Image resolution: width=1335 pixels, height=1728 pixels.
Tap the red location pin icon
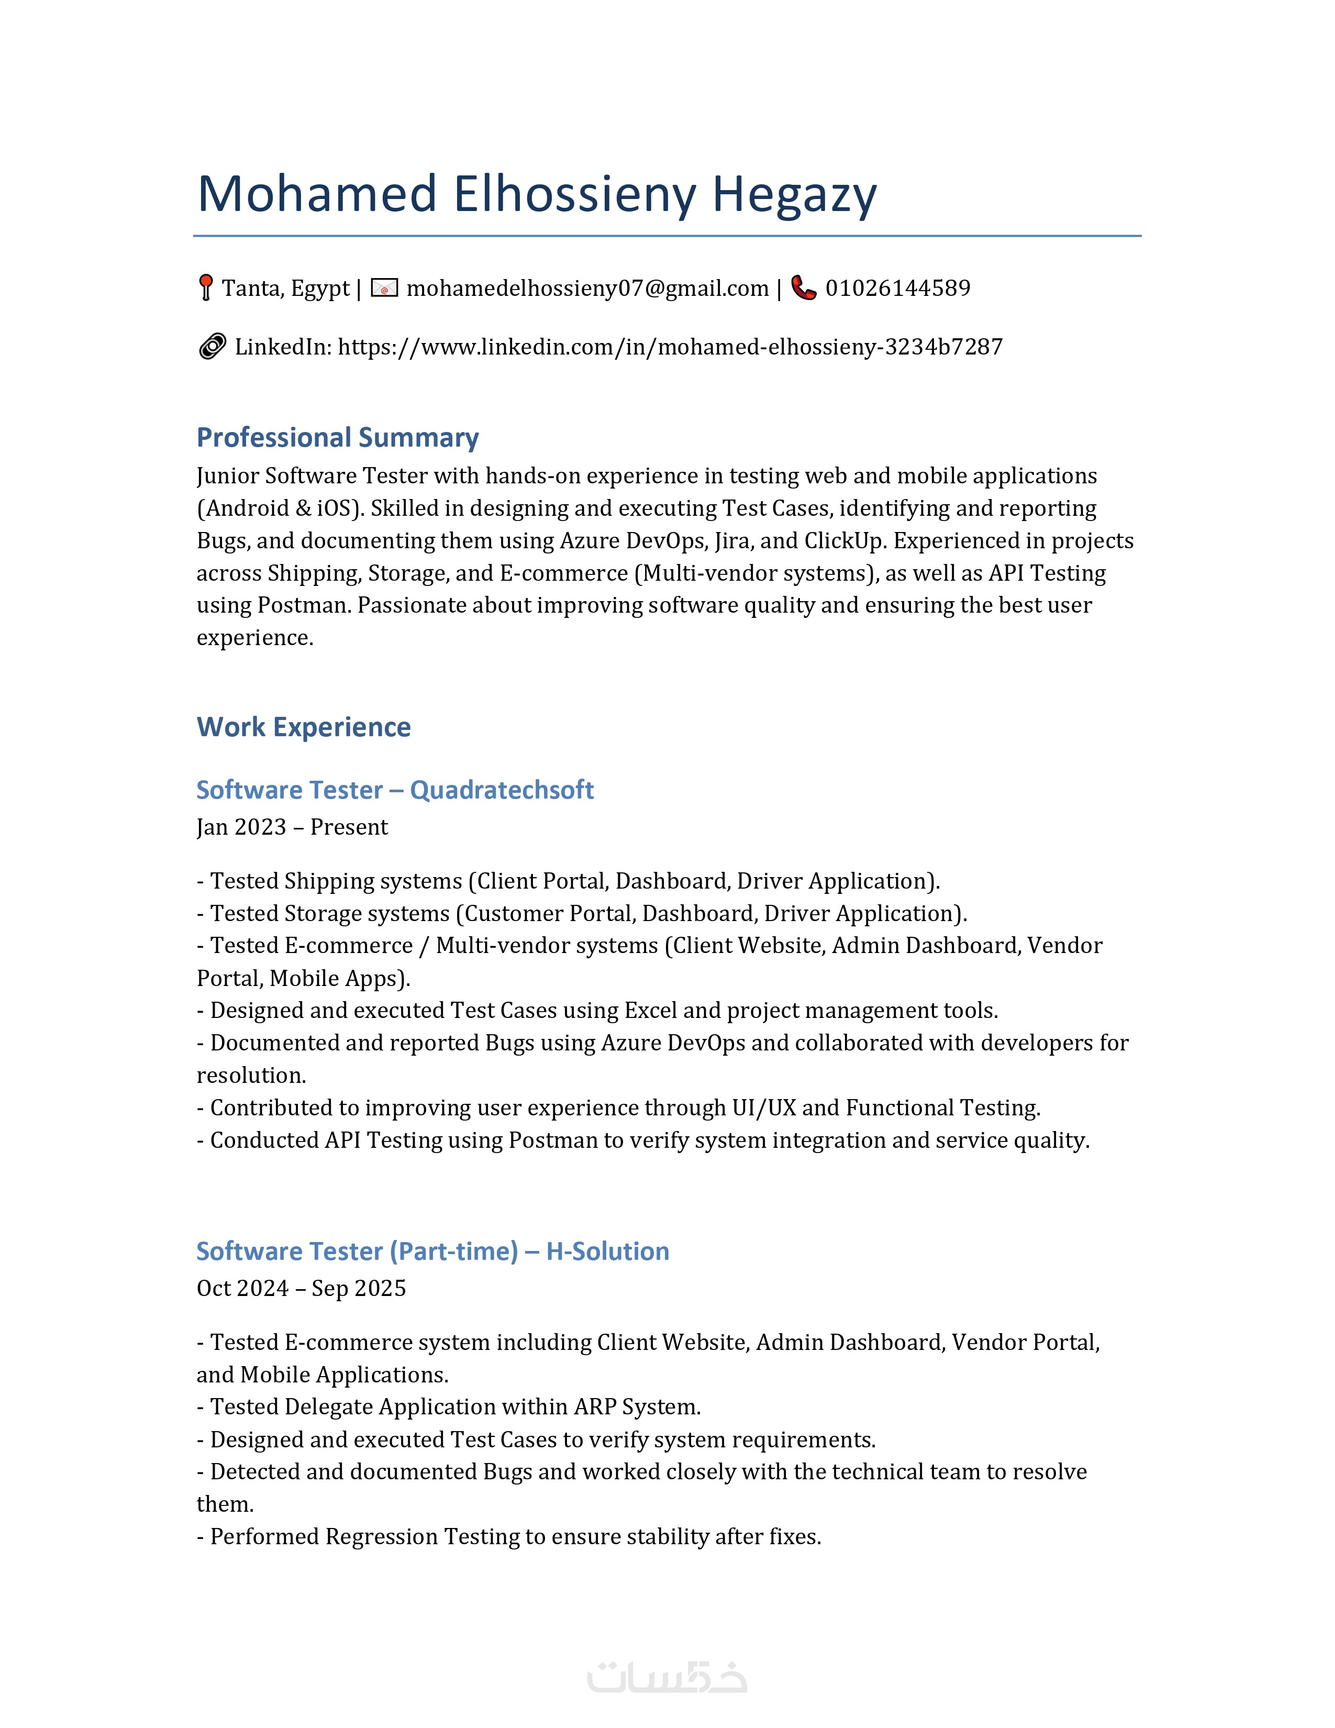206,287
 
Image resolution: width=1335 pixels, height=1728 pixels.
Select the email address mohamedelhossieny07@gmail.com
587,288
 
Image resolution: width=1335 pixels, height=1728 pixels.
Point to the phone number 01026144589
898,288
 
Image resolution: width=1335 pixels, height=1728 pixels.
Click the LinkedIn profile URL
670,347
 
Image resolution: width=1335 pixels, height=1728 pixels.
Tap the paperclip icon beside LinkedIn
212,347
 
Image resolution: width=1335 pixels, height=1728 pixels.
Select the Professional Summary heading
338,438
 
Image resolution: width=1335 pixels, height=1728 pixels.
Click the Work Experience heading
304,727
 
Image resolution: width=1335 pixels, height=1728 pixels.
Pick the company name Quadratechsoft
502,790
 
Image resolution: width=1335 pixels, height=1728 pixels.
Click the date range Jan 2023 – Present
292,827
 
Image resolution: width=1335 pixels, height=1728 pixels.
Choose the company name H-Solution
607,1251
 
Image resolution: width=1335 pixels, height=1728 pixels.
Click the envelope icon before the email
384,288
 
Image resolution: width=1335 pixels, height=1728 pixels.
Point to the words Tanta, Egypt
285,288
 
